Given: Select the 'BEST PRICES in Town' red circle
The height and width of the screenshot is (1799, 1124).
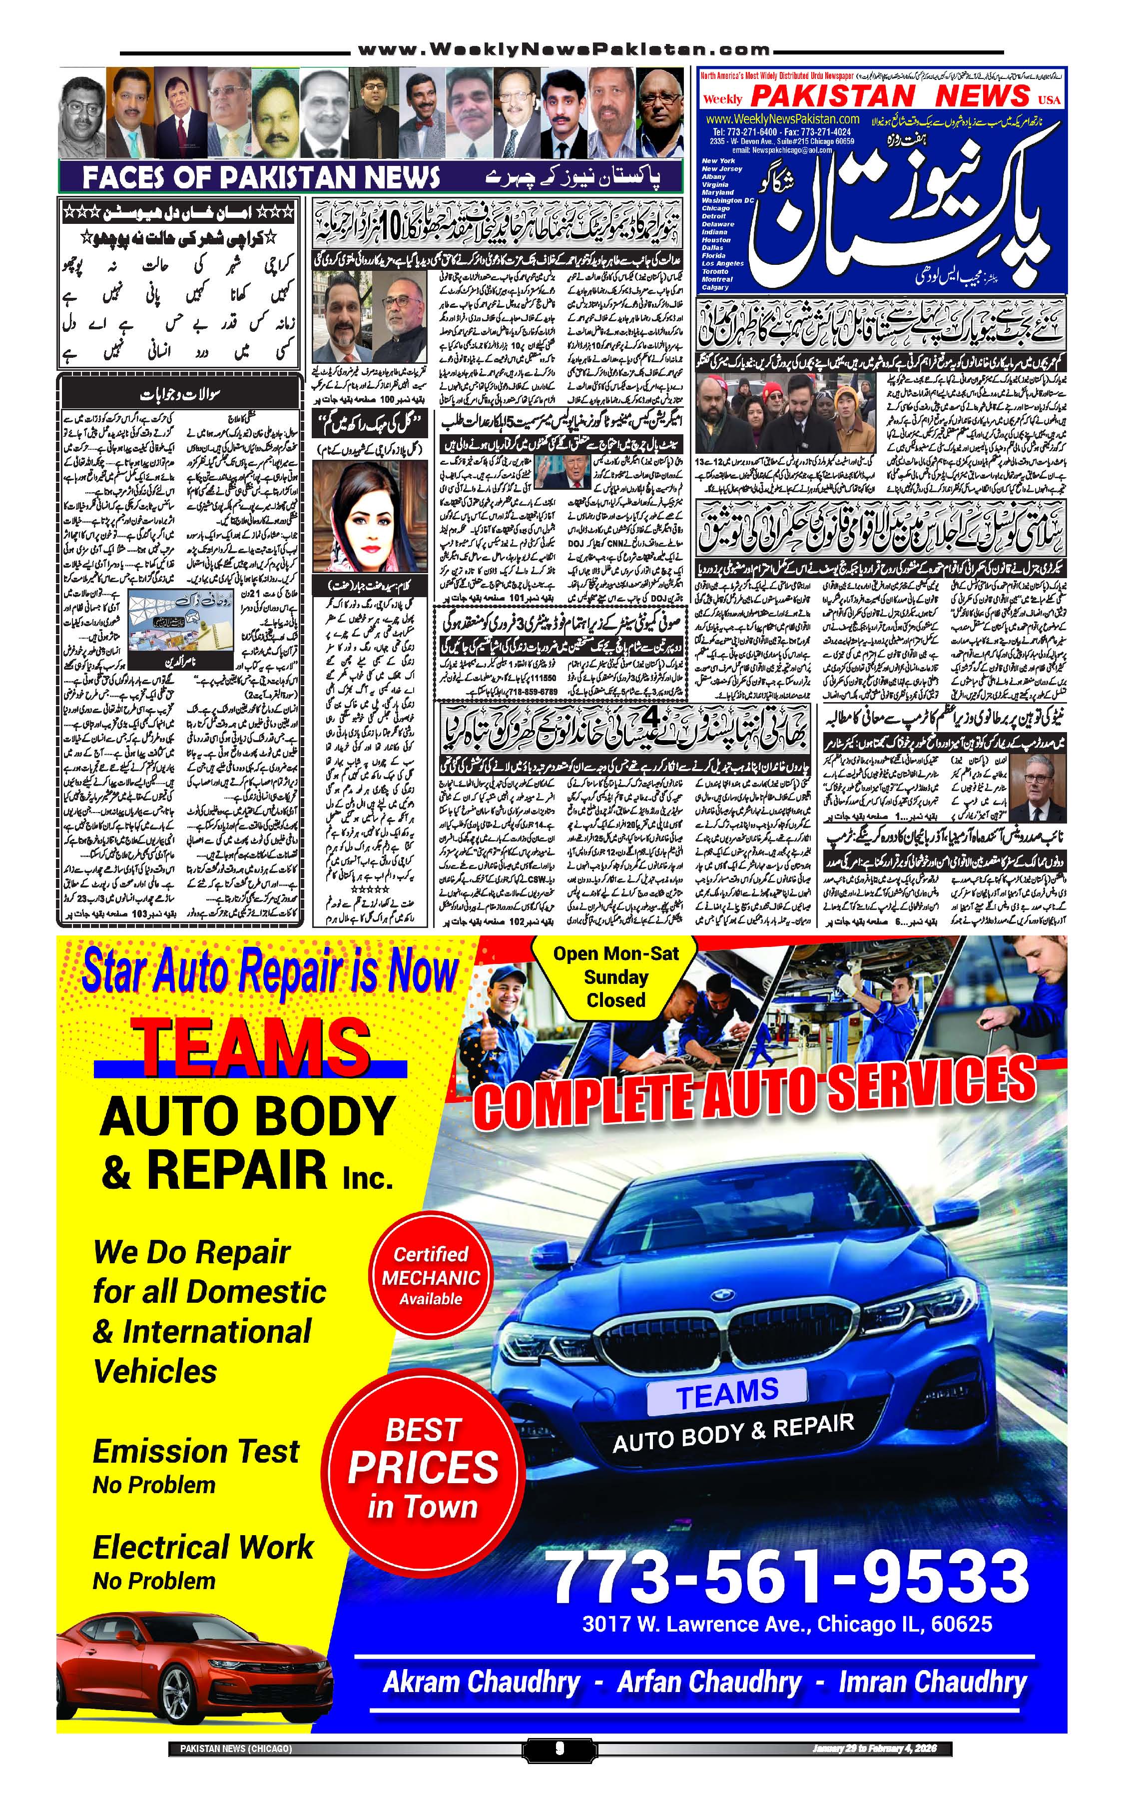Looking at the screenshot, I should [x=423, y=1468].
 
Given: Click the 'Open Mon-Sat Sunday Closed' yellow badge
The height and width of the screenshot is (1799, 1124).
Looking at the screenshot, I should [x=615, y=976].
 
